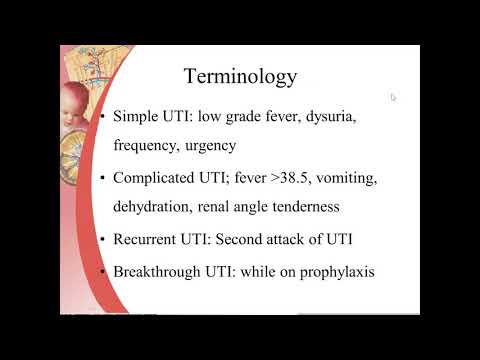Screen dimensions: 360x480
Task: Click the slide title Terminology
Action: [x=240, y=76]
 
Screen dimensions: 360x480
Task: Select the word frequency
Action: [x=147, y=144]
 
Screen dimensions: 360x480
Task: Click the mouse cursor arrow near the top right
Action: [x=394, y=97]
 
